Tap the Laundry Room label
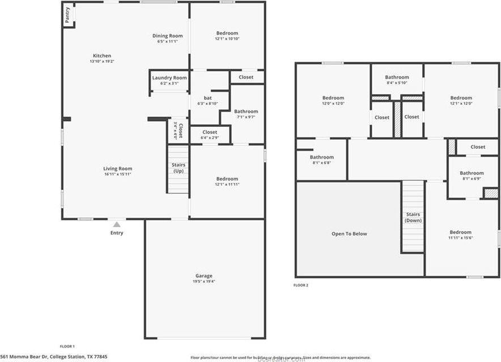[169, 78]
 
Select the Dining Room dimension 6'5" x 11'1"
[167, 41]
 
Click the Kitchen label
[102, 56]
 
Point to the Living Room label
[117, 168]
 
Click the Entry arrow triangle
[117, 224]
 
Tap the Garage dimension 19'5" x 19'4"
[204, 281]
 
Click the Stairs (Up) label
[178, 168]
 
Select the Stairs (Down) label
[413, 217]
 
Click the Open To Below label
[349, 233]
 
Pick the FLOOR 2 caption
[301, 285]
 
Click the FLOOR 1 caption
[67, 346]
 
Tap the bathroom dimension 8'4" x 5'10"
[397, 83]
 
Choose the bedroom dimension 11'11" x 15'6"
[460, 238]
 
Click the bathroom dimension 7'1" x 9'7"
[246, 117]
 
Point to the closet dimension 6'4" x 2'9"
[210, 138]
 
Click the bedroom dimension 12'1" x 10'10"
[227, 39]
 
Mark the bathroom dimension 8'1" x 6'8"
[321, 163]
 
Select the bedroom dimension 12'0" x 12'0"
[333, 103]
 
